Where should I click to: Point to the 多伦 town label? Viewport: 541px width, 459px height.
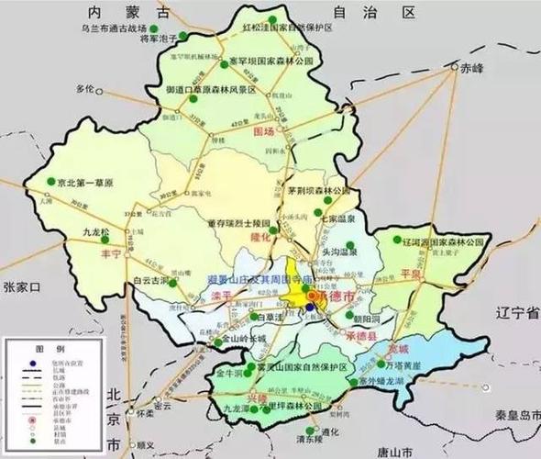86,88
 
